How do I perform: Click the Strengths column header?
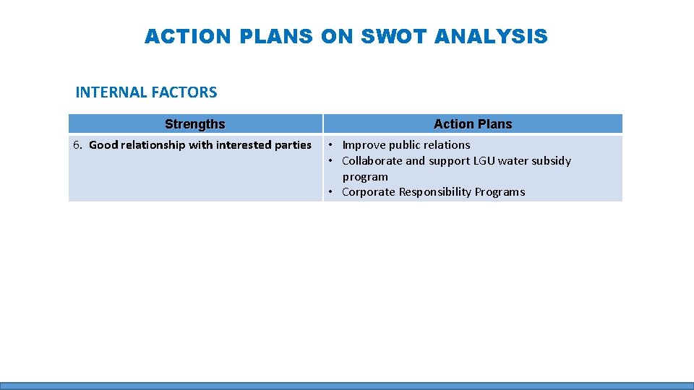[x=195, y=124]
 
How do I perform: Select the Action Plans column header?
[x=473, y=124]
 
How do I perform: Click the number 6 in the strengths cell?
[x=77, y=145]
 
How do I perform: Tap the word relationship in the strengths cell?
[x=153, y=145]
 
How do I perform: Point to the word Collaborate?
[x=372, y=161]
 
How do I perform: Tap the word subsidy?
[x=550, y=161]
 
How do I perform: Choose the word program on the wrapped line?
[x=365, y=177]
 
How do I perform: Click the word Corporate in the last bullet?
[x=368, y=192]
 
